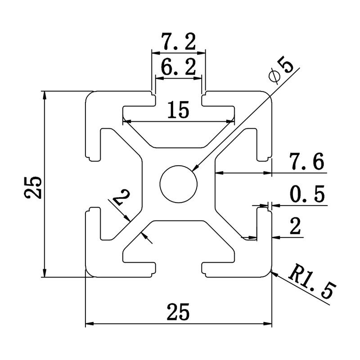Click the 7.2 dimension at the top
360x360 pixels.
pos(178,43)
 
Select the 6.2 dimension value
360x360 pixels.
pos(178,68)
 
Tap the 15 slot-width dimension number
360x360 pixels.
pos(178,110)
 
